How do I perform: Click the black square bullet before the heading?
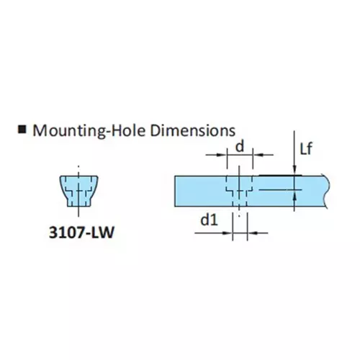pyautogui.click(x=22, y=130)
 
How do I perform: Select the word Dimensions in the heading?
pyautogui.click(x=193, y=130)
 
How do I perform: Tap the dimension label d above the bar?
pyautogui.click(x=240, y=146)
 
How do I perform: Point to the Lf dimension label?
pyautogui.click(x=306, y=149)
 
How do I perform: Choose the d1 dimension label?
pyautogui.click(x=210, y=220)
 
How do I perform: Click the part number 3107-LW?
pyautogui.click(x=81, y=233)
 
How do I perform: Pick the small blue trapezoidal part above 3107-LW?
pyautogui.click(x=78, y=191)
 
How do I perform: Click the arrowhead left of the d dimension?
pyautogui.click(x=222, y=155)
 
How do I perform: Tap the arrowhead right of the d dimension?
pyautogui.click(x=258, y=155)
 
